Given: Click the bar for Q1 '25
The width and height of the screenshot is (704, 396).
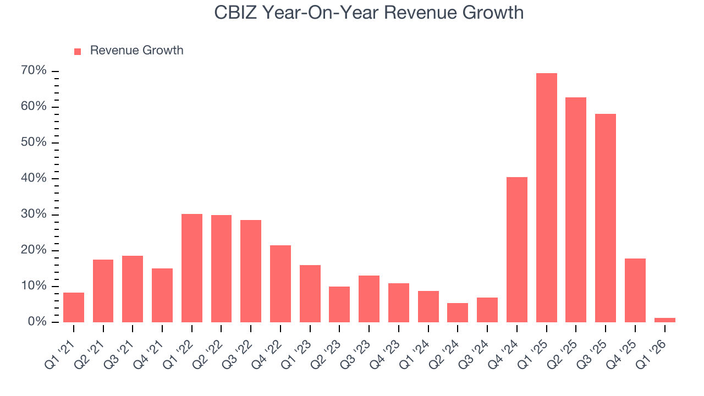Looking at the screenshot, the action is pos(547,197).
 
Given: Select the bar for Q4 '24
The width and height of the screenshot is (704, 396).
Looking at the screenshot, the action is pos(517,250).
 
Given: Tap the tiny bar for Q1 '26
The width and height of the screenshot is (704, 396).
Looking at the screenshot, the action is pos(665,320).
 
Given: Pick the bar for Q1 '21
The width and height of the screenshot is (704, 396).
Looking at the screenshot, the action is pos(74,307).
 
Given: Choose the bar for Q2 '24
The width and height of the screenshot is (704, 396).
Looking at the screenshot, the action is pos(458,313).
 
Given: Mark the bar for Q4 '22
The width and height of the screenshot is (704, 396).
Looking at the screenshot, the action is pos(280,284).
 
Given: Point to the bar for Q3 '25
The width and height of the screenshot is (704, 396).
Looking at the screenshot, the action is pos(606,218).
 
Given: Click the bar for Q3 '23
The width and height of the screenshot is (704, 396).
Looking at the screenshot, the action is pos(369,299).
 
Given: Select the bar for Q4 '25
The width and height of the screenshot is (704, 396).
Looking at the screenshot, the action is pos(635,290).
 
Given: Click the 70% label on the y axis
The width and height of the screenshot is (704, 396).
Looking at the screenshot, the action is pos(34,70).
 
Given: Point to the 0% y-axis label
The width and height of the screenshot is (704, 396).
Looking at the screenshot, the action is pos(37,321).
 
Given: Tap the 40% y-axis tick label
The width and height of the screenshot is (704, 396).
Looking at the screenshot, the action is pos(34,178).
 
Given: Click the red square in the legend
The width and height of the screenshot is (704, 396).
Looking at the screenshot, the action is pos(78,52).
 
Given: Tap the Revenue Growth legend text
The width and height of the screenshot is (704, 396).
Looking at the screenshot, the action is pos(137,50).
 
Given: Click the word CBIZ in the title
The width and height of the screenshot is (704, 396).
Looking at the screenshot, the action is pos(235,13).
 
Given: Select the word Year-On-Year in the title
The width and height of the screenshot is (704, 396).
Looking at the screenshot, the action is pos(320,13).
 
